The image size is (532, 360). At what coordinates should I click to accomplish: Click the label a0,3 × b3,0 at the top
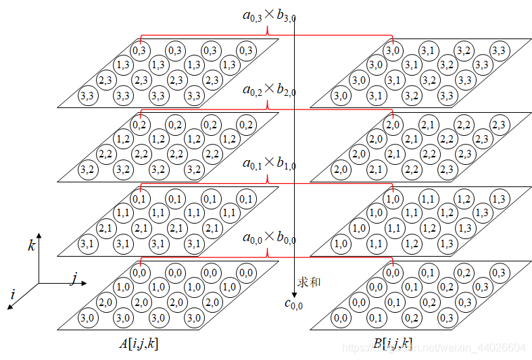click(268, 14)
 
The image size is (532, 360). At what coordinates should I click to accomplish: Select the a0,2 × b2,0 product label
click(268, 89)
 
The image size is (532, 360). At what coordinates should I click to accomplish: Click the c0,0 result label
click(293, 305)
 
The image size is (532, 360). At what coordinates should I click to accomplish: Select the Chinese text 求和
click(310, 281)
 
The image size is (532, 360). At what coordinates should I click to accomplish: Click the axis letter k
click(31, 246)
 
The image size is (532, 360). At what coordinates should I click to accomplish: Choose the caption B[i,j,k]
click(392, 344)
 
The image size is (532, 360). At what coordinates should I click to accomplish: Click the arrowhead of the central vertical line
click(295, 295)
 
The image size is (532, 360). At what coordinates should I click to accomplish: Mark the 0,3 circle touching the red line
click(140, 50)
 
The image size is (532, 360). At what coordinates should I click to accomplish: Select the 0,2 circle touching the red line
click(140, 124)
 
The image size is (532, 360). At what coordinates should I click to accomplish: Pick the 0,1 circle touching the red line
click(140, 199)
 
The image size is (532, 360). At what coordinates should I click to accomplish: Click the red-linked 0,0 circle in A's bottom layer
click(140, 273)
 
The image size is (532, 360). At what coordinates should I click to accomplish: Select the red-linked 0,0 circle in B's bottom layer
click(393, 273)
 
